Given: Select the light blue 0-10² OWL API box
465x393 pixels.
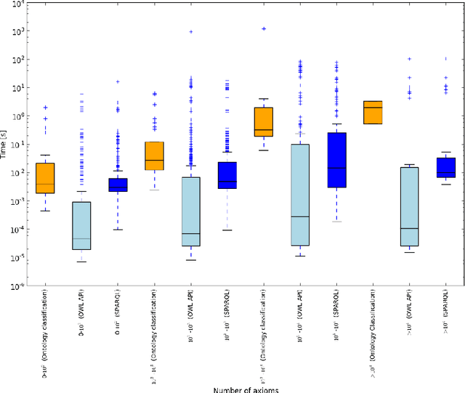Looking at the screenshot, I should [81, 225].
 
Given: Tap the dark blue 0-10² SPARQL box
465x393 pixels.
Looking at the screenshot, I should [118, 185].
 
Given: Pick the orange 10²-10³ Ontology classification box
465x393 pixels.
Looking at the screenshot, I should [154, 155].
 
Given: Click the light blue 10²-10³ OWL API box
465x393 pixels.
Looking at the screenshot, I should [191, 211].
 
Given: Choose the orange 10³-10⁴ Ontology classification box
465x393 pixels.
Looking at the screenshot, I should [263, 121].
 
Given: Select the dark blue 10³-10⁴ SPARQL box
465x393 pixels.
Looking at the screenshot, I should [336, 160].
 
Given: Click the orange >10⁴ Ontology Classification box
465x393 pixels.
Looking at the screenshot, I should [373, 113].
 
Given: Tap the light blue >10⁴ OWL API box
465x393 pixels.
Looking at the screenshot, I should [409, 207].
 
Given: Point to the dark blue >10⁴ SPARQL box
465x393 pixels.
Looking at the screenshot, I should [445, 168].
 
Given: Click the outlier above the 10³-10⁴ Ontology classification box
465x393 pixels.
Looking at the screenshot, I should [263, 29].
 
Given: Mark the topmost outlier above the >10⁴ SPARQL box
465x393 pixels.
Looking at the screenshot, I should [445, 58].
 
